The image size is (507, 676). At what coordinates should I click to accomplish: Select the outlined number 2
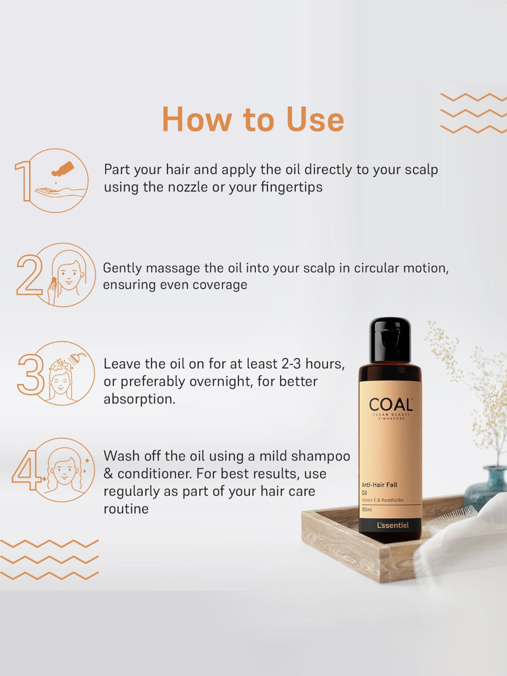tap(29, 275)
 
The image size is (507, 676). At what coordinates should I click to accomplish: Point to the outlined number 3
tap(31, 374)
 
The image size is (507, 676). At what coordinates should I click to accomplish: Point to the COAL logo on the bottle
tap(391, 405)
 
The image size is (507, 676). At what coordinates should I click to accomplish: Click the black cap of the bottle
tap(390, 340)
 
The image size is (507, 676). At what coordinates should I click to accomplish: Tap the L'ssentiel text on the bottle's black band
tap(393, 525)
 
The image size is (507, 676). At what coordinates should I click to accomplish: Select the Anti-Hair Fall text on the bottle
tap(379, 485)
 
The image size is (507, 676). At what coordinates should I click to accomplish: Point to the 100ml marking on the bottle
tap(366, 509)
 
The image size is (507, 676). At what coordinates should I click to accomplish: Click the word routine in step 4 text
tap(126, 509)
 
